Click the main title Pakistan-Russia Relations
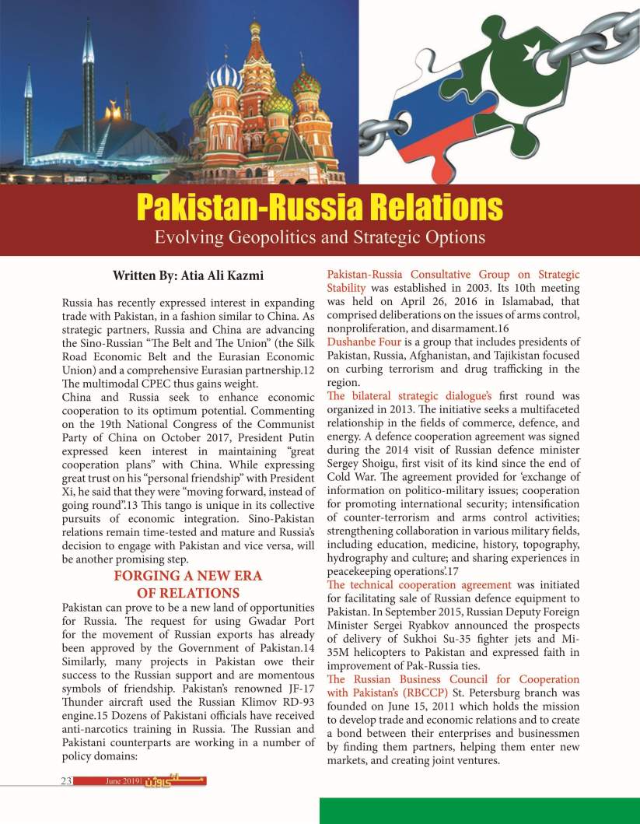[x=320, y=208]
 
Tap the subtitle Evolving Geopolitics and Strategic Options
[x=320, y=237]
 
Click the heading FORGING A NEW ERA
[x=188, y=576]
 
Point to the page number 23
[x=67, y=780]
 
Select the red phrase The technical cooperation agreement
[x=419, y=584]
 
